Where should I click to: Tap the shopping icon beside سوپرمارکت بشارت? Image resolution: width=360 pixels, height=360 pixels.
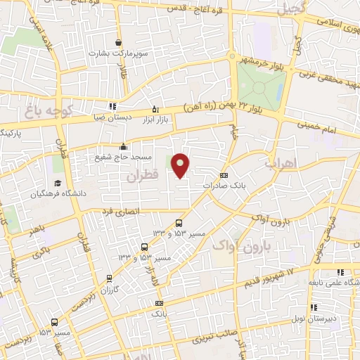[x=117, y=43]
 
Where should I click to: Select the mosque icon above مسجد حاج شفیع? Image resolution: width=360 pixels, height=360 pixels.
[x=124, y=146]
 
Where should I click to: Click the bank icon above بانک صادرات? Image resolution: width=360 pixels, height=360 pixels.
[x=224, y=175]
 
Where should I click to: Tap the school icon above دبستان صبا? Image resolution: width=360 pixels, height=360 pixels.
[x=113, y=107]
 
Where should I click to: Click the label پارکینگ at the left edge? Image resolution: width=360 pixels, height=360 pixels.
[x=11, y=132]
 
